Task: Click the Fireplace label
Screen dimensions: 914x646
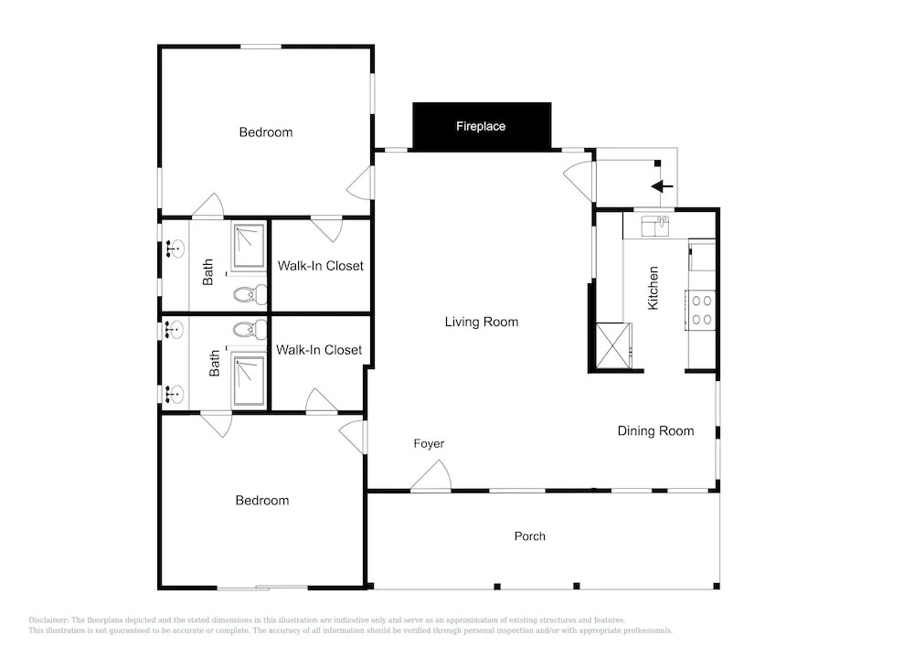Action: [x=481, y=126]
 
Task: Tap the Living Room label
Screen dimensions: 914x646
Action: [x=482, y=323]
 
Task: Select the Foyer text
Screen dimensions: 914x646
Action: [x=429, y=444]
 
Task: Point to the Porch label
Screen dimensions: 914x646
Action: [x=530, y=536]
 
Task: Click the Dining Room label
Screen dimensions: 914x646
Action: [x=655, y=431]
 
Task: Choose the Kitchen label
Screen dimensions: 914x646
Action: [x=654, y=288]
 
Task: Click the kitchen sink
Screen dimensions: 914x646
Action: [x=654, y=226]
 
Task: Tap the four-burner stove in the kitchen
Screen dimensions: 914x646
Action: [x=701, y=311]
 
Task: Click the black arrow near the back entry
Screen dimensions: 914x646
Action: [x=662, y=186]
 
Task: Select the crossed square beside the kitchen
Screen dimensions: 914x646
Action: [x=613, y=345]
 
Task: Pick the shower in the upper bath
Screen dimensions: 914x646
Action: [x=250, y=246]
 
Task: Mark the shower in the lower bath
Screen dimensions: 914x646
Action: [x=250, y=382]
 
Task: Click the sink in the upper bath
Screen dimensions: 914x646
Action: [x=175, y=249]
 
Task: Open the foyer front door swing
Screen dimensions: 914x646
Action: [x=431, y=476]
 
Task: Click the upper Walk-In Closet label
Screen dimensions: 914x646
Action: [x=321, y=266]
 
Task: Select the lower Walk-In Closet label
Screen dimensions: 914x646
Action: [x=319, y=350]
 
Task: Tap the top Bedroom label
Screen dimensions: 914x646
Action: [x=266, y=132]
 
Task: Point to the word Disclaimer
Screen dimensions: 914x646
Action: [x=48, y=620]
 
